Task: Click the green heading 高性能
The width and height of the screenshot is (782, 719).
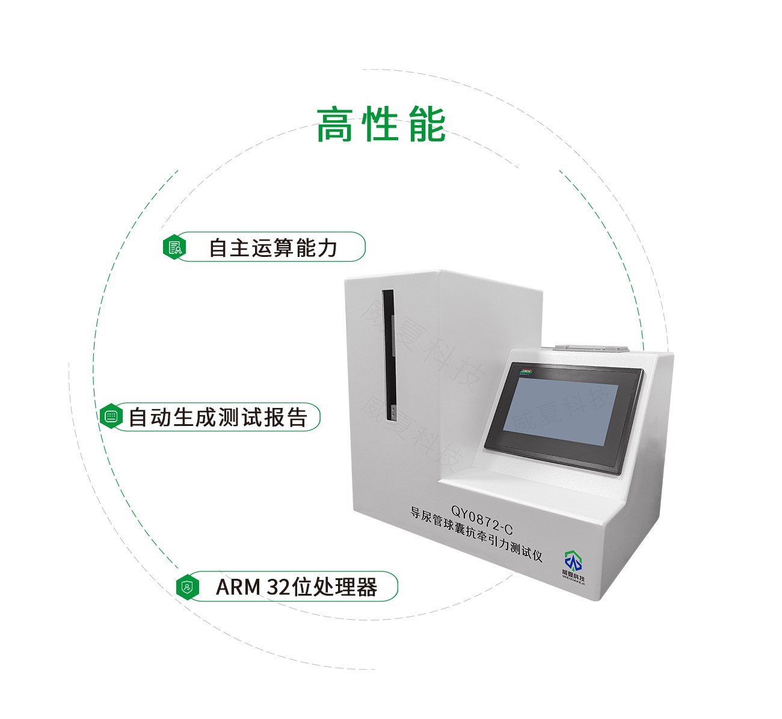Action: [x=381, y=125]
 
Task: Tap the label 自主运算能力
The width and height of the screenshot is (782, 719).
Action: [x=272, y=247]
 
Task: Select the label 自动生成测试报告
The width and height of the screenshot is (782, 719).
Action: [x=218, y=417]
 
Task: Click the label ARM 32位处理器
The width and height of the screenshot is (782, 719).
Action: [x=296, y=587]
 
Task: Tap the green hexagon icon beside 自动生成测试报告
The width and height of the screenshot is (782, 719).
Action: [x=111, y=417]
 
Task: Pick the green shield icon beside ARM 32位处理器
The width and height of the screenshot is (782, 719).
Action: [x=188, y=587]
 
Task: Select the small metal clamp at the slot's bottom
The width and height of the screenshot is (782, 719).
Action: [x=392, y=412]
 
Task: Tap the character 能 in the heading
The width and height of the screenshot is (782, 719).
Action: [x=426, y=125]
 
